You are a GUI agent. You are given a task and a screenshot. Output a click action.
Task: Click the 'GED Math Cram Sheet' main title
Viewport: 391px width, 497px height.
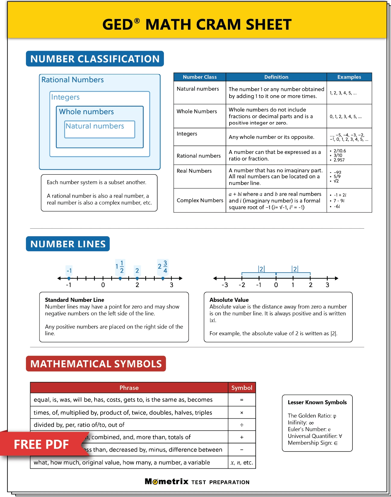[197, 24]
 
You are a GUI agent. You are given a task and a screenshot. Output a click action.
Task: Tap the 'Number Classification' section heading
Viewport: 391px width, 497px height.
[95, 59]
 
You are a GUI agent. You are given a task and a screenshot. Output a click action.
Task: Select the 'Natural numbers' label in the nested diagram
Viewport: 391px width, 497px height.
[95, 126]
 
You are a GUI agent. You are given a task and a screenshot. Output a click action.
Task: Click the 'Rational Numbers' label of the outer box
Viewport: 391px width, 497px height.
[73, 80]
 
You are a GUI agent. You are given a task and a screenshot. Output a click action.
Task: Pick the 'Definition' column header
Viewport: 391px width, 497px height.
[276, 77]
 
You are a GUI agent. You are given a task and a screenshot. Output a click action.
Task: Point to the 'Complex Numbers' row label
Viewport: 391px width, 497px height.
[200, 200]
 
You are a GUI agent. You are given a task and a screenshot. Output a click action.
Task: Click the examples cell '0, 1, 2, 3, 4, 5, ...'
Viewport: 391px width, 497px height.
[346, 117]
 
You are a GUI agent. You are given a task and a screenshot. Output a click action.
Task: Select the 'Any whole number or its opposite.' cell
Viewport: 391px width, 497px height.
[271, 137]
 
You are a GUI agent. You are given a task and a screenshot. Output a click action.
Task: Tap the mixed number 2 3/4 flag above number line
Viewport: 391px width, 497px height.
[163, 267]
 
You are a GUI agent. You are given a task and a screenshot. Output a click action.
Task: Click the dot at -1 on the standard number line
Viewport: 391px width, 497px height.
[69, 278]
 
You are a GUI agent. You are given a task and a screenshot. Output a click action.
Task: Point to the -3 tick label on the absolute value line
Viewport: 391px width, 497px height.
[225, 285]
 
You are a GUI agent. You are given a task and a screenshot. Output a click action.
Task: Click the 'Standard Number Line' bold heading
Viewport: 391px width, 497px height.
[74, 300]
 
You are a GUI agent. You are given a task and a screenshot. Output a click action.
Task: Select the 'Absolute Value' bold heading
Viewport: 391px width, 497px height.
[229, 300]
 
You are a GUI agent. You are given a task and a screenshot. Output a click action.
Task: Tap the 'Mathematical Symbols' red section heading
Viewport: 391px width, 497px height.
[96, 364]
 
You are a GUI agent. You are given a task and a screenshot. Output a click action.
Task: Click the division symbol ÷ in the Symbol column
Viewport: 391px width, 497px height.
[242, 425]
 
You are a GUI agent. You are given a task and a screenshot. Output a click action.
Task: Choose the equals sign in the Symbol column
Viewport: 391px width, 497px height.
[242, 400]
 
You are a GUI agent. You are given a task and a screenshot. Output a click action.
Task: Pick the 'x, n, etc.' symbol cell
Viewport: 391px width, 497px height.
[242, 462]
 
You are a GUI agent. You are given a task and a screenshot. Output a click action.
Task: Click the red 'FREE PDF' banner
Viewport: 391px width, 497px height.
[41, 444]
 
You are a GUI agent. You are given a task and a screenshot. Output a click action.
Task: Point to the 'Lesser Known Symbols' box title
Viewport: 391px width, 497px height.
[317, 402]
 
